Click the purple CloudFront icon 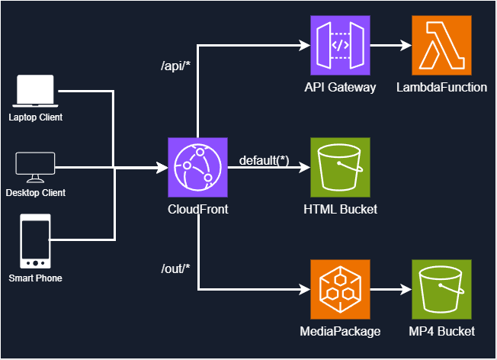tap(197, 167)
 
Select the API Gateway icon tap(340, 45)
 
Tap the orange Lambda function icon tap(441, 45)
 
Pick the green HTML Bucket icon tap(340, 167)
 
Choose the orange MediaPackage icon tap(340, 289)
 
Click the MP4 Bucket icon tap(441, 289)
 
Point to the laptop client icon tap(35, 92)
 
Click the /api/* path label tap(175, 67)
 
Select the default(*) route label tap(264, 159)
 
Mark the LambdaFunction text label tap(441, 87)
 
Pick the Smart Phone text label tap(35, 278)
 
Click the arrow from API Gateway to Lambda tap(390, 45)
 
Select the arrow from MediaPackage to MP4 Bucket tap(390, 289)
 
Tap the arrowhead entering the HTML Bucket tap(305, 167)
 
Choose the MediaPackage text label tap(340, 331)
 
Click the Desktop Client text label tap(35, 193)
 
